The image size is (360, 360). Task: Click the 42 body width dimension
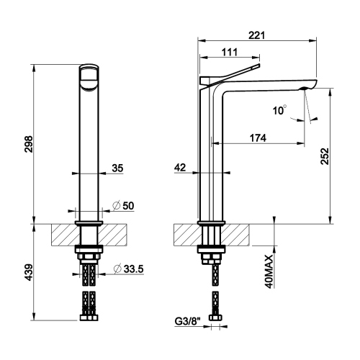pos(181,167)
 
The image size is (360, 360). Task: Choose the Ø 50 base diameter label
pos(125,206)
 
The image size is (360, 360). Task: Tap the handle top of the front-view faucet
pos(89,76)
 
